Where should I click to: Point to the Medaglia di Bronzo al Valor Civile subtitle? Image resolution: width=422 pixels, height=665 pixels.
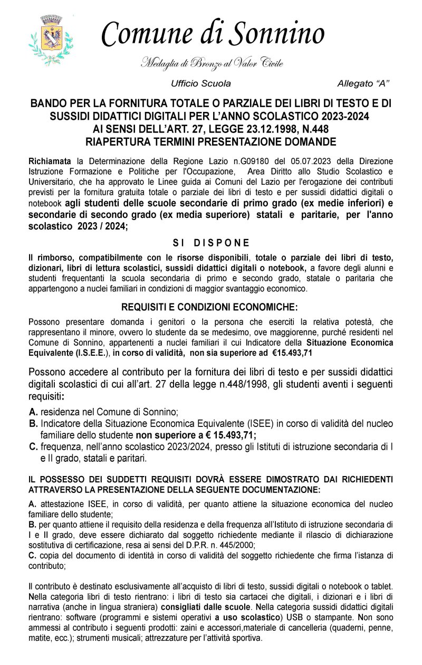click(x=212, y=64)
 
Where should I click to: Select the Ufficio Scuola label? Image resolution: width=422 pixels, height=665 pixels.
click(x=201, y=84)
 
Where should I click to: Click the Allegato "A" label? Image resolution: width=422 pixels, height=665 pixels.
click(x=363, y=84)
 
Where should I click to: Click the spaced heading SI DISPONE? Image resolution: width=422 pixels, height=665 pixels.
click(x=211, y=243)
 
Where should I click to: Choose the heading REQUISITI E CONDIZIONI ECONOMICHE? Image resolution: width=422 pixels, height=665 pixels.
click(x=209, y=307)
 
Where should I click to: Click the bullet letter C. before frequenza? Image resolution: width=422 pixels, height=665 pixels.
click(x=33, y=447)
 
